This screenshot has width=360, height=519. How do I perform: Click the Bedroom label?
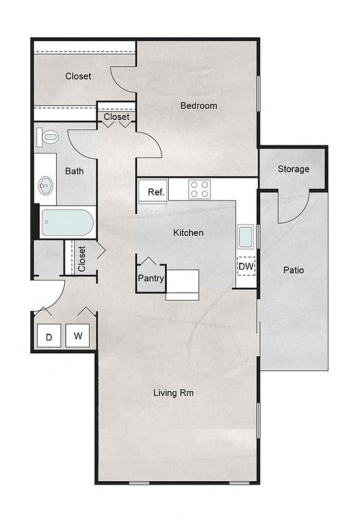[x=199, y=105]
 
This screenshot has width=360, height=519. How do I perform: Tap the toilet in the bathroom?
[x=47, y=137]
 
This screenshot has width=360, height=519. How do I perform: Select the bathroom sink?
[x=46, y=186]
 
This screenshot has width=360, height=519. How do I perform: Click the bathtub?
[x=67, y=223]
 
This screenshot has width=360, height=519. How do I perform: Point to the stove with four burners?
[x=199, y=189]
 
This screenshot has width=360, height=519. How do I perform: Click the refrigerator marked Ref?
[x=153, y=192]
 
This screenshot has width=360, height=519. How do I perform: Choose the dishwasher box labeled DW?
[x=246, y=266]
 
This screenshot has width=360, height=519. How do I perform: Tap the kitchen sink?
[x=245, y=237]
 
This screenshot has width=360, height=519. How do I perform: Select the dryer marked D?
[x=49, y=336]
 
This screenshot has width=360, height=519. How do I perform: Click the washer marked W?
[x=78, y=336]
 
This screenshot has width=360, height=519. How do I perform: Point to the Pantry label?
[x=151, y=278]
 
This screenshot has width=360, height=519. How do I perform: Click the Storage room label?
[x=294, y=169]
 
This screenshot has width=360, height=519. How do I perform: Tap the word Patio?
[x=294, y=270]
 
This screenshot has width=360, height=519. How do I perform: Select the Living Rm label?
[x=174, y=393]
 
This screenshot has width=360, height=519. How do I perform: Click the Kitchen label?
[x=188, y=232]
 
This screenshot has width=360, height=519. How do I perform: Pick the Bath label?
[x=74, y=171]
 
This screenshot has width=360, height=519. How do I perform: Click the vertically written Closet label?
[x=82, y=259]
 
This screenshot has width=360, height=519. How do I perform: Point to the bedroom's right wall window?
[x=259, y=94]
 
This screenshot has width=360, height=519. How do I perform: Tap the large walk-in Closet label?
[x=78, y=76]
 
